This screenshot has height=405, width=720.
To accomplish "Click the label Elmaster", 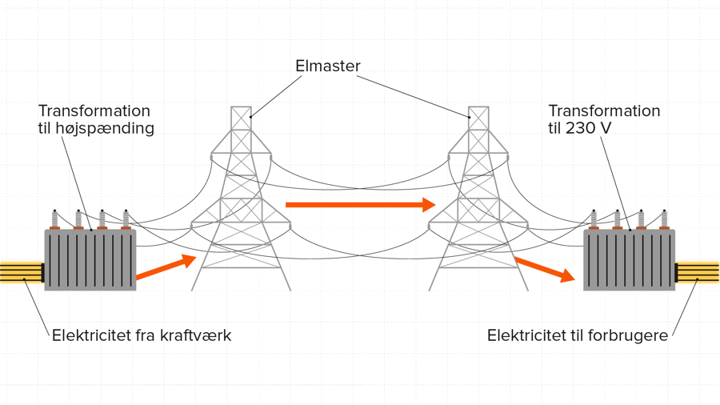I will pos(328,66).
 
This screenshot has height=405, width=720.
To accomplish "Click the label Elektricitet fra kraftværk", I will pos(142,335).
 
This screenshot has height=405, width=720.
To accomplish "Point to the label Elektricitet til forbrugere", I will pos(577,335).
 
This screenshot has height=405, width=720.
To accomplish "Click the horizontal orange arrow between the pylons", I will pos(359,205).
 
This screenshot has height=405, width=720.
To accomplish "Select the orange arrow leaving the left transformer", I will pos(166,267).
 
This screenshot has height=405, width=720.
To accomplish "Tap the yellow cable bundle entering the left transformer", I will pos(21,272).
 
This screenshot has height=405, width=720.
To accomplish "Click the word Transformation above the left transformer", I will pos(94,111).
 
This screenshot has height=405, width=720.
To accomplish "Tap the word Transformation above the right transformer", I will pos(604,111).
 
